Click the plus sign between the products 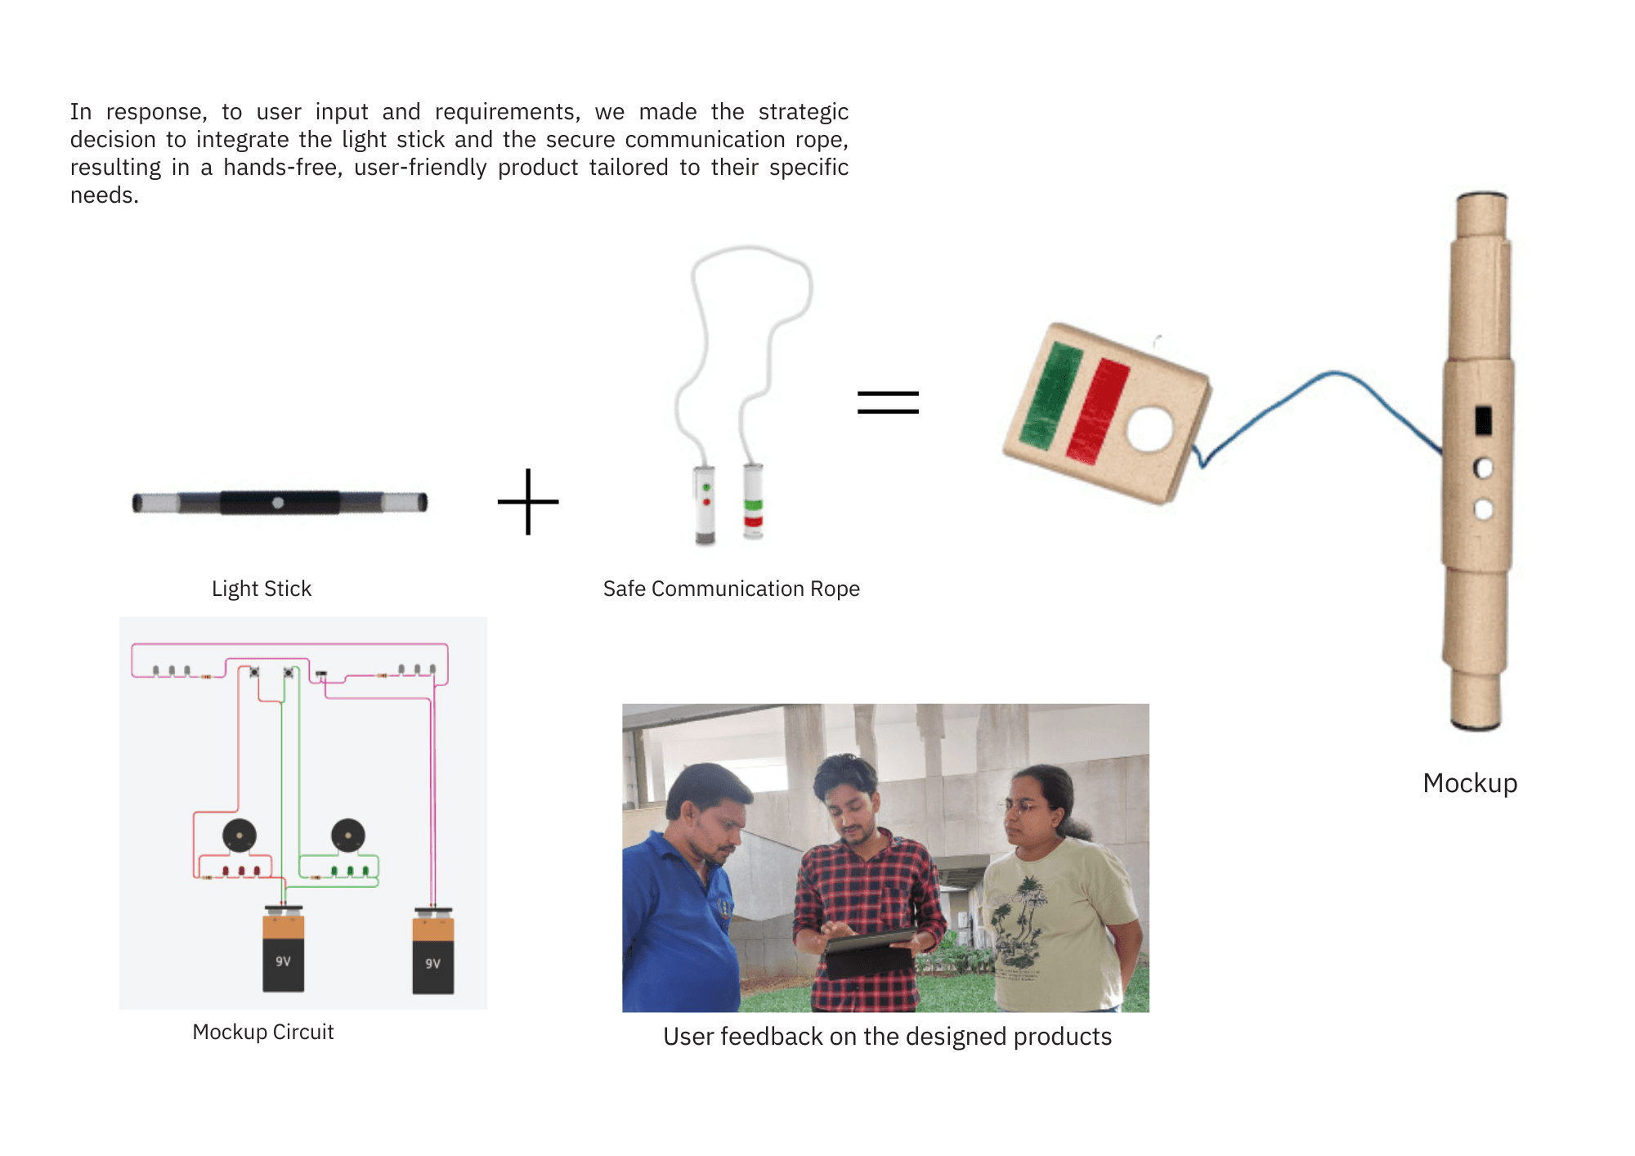tap(528, 502)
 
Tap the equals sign tap(888, 402)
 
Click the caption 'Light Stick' tap(262, 589)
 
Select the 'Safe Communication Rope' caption tap(731, 589)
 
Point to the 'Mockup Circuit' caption tap(262, 1032)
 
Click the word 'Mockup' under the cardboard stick tap(1469, 783)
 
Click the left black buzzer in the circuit tap(240, 836)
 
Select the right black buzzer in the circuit tap(348, 836)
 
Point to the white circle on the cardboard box tap(1149, 429)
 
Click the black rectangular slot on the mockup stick tap(1483, 420)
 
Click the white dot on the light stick tap(278, 503)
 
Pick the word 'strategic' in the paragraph tap(803, 112)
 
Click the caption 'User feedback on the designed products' tap(887, 1037)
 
